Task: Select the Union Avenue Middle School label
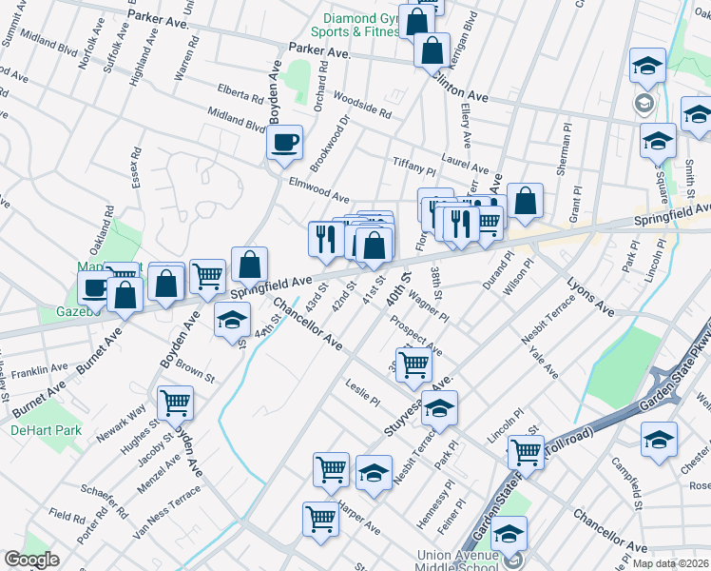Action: pyautogui.click(x=456, y=562)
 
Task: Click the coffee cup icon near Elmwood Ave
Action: pyautogui.click(x=284, y=144)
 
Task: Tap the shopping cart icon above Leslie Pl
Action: pyautogui.click(x=413, y=364)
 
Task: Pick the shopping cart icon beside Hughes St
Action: pyautogui.click(x=175, y=404)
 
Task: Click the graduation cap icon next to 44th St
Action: pyautogui.click(x=231, y=322)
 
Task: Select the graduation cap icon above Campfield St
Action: pyautogui.click(x=658, y=440)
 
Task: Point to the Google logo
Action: pyautogui.click(x=31, y=559)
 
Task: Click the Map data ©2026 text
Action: pyautogui.click(x=669, y=563)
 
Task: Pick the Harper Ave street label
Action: pyautogui.click(x=359, y=515)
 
